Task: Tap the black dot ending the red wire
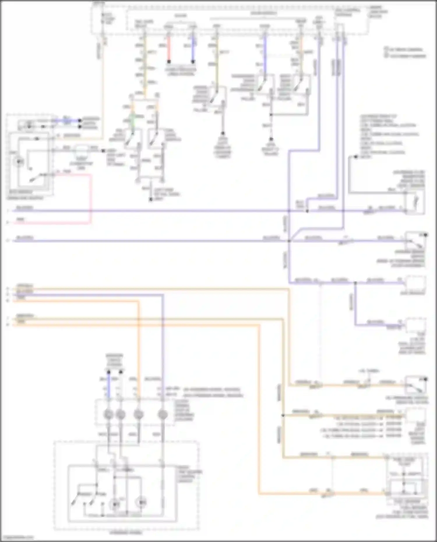(169, 62)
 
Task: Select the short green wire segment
(132, 119)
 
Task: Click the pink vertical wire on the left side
(91, 198)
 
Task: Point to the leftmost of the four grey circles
(109, 414)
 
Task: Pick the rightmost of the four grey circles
(163, 414)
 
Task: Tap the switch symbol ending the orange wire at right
(416, 385)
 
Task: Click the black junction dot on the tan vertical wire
(283, 415)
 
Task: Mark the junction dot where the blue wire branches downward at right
(355, 283)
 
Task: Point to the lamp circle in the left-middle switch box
(19, 161)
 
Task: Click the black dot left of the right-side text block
(355, 157)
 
